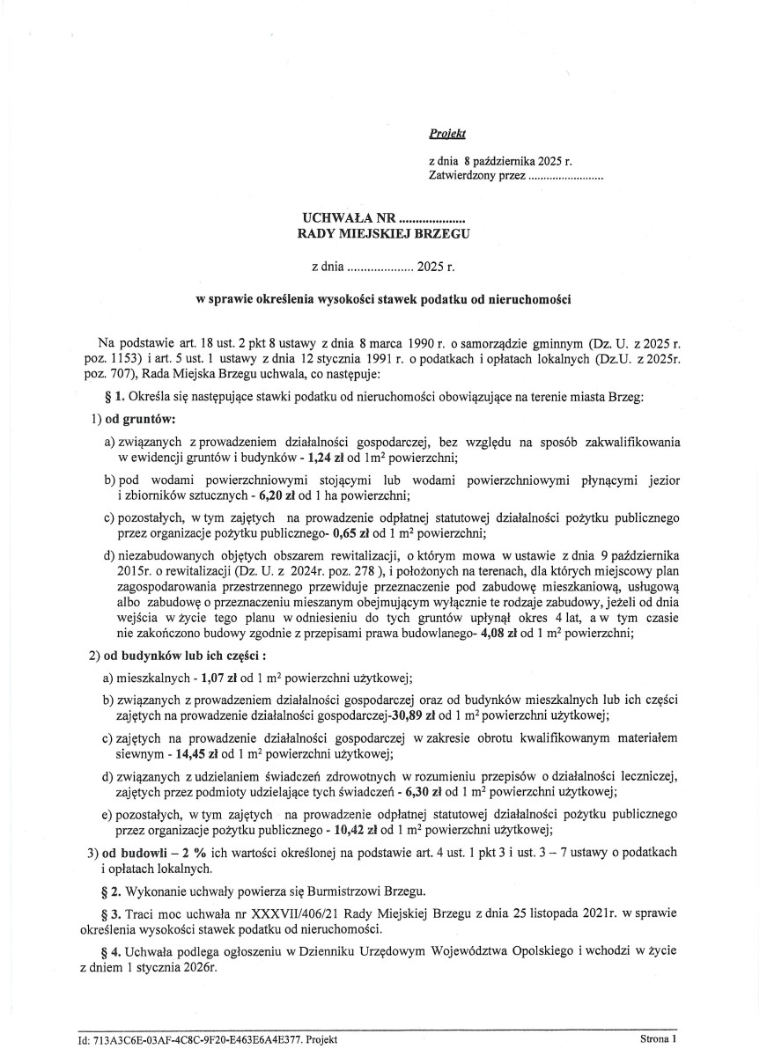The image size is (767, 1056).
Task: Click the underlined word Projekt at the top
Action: [446, 135]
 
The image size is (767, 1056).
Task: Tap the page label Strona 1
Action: [659, 1038]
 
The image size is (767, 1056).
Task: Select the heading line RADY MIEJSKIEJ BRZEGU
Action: [384, 234]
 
